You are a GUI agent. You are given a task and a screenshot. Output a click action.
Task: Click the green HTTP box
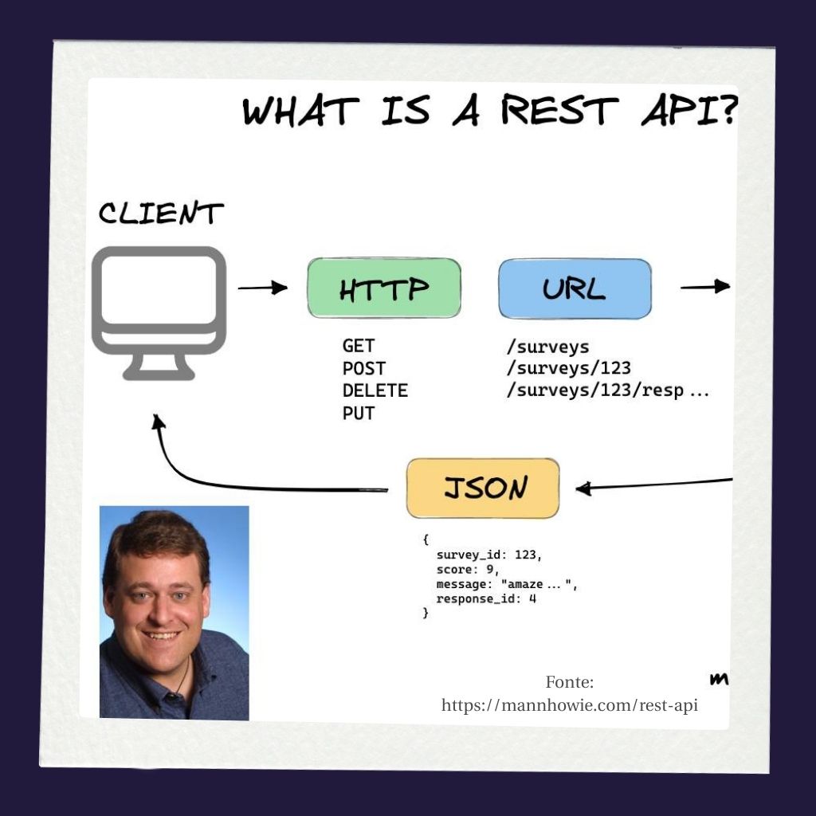click(x=384, y=288)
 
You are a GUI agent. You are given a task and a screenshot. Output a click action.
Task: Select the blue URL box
click(x=575, y=288)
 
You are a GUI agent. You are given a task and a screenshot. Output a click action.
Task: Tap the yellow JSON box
click(x=483, y=488)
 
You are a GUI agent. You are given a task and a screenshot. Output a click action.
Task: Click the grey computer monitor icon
click(x=159, y=311)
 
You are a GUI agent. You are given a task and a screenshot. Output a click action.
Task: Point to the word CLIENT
click(x=161, y=214)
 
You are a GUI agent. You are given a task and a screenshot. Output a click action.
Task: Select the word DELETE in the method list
click(x=375, y=390)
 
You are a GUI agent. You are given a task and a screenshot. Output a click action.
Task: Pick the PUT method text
click(x=358, y=413)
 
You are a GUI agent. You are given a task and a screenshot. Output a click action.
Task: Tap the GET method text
click(x=358, y=346)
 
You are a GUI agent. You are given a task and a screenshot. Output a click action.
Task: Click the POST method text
click(x=363, y=368)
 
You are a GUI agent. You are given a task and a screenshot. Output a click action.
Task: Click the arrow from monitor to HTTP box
click(x=262, y=288)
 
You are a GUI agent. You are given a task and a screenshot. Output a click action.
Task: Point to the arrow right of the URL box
click(x=704, y=287)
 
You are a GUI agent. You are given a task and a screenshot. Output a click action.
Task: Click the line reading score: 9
click(x=467, y=569)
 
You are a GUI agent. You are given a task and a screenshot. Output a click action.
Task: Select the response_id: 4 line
click(x=486, y=598)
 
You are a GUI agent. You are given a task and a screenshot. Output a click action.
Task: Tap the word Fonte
click(x=570, y=682)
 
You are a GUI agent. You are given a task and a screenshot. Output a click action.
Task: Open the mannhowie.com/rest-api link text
click(x=570, y=706)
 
